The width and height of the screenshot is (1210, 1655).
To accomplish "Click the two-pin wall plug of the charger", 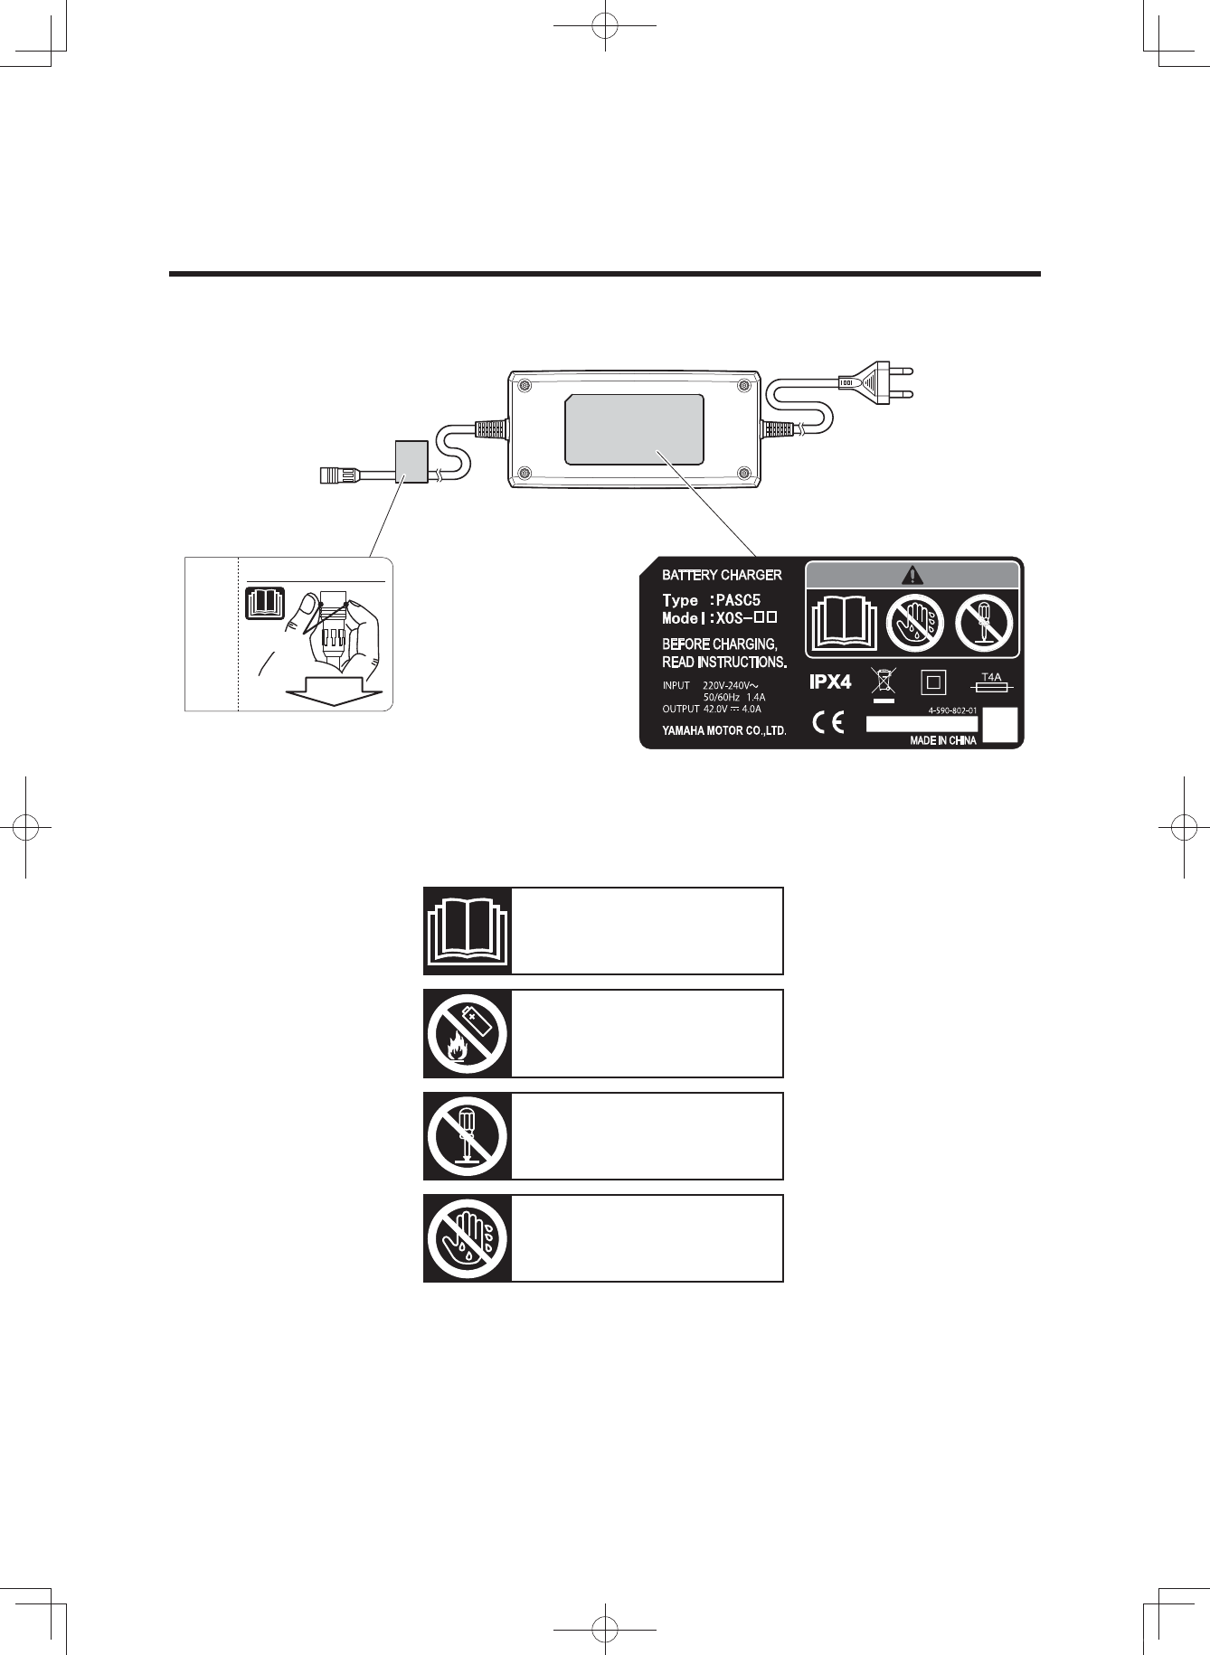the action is pos(873,382).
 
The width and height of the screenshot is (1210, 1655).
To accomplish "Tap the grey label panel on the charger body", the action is pos(634,429).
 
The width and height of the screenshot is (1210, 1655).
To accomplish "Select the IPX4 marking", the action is pos(829,682).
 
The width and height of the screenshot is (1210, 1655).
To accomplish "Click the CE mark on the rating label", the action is pos(827,723).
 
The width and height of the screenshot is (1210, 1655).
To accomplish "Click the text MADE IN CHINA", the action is pos(942,741).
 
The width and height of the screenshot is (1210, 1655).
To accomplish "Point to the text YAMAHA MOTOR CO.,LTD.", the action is pos(723,731).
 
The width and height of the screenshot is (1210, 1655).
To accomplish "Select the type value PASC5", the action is pos(738,600).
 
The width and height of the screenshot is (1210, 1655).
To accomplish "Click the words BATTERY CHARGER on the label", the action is pos(722,575).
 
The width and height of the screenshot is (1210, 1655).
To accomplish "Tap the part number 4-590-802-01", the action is pos(952,710).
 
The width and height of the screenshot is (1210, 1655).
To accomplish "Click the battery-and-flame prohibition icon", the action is pos(468,1033).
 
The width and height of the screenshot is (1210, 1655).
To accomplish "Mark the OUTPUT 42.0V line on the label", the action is pos(712,710).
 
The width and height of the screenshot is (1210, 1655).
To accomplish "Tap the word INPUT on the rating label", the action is pos(676,686).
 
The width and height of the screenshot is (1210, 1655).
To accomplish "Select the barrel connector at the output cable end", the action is pos(336,473).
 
